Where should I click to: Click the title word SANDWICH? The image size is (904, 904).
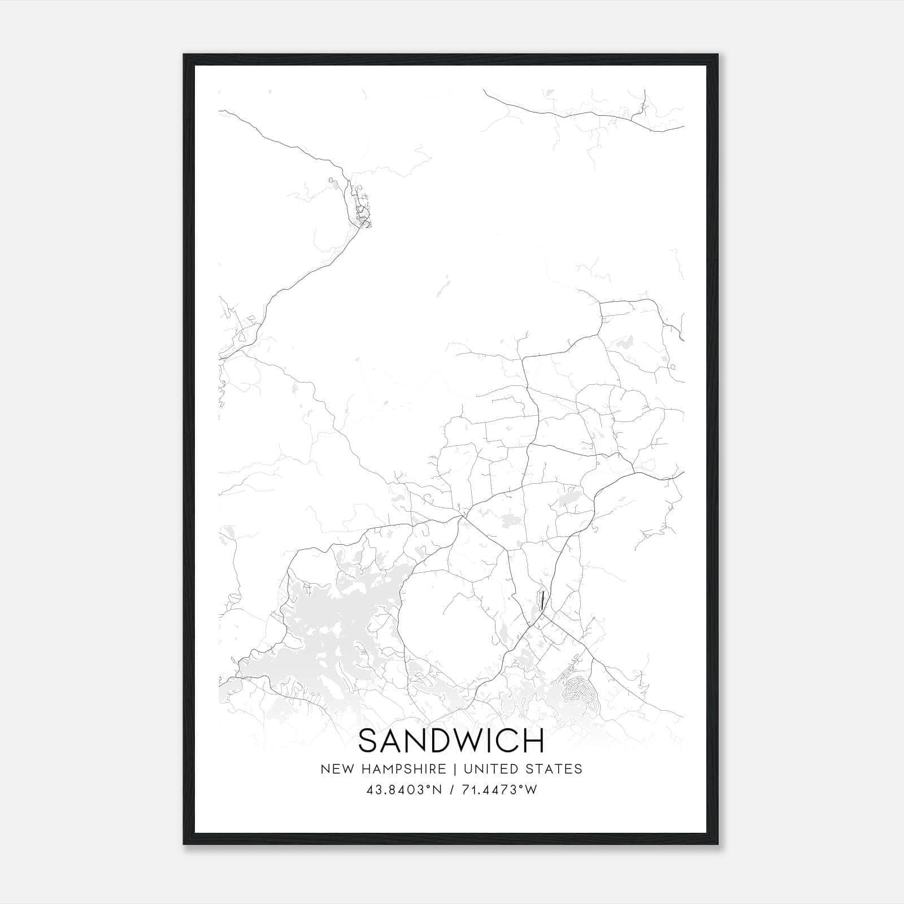click(x=451, y=741)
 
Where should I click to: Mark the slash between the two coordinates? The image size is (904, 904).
click(x=451, y=790)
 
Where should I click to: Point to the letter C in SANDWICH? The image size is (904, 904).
click(x=511, y=741)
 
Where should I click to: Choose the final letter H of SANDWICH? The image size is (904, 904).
click(x=534, y=741)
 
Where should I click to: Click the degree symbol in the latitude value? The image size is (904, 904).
click(x=428, y=787)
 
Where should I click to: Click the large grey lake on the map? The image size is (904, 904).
click(x=328, y=627)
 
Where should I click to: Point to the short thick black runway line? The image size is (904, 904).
click(x=542, y=599)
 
